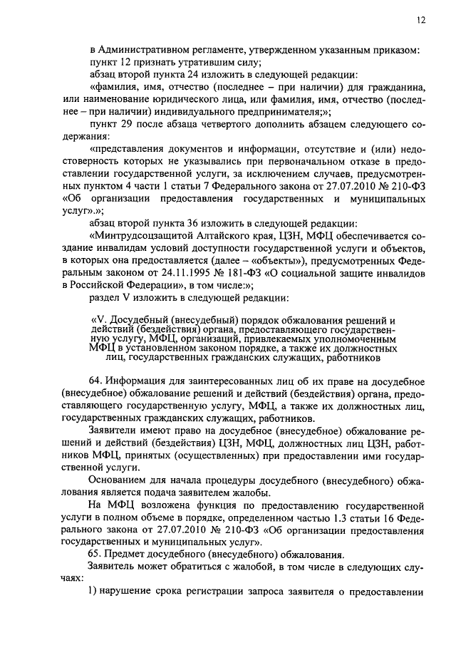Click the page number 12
(x=422, y=21)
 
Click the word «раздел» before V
(x=108, y=298)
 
